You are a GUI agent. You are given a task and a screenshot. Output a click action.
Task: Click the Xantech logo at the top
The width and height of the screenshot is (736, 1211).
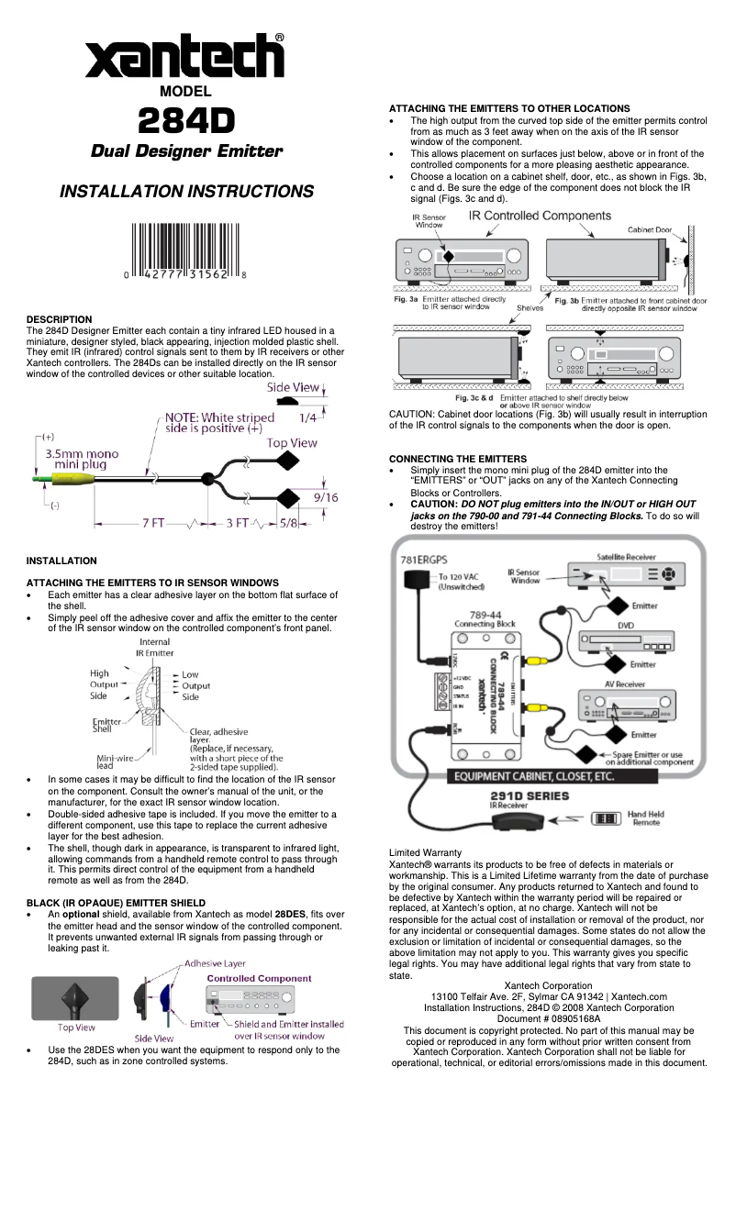click(x=184, y=58)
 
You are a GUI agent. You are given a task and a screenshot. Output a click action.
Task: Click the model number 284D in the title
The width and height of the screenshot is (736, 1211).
click(x=185, y=120)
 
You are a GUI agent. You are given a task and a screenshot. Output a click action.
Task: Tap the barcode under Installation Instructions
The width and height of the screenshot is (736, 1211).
click(x=185, y=250)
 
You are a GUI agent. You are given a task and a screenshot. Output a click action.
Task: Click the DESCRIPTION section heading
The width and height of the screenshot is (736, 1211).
click(x=59, y=319)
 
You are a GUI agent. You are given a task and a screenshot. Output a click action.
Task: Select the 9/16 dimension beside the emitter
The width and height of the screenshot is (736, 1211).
click(x=326, y=497)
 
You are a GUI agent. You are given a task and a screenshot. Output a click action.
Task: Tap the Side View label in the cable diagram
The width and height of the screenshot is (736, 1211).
click(x=293, y=387)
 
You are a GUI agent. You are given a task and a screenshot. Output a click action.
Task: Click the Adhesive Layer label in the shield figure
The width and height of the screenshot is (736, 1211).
click(x=215, y=964)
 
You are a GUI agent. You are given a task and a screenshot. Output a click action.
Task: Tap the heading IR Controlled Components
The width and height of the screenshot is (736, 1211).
click(x=540, y=216)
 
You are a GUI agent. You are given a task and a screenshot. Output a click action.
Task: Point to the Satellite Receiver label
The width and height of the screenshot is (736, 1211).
click(x=627, y=556)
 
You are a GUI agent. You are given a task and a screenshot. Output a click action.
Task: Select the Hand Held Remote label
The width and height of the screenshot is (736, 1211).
click(x=645, y=817)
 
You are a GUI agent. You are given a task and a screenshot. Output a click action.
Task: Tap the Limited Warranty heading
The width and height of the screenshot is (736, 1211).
click(x=425, y=853)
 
